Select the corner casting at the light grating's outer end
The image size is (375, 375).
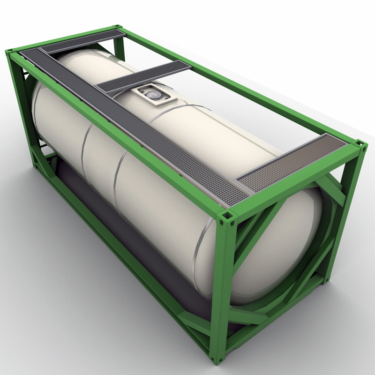(x=361, y=145)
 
